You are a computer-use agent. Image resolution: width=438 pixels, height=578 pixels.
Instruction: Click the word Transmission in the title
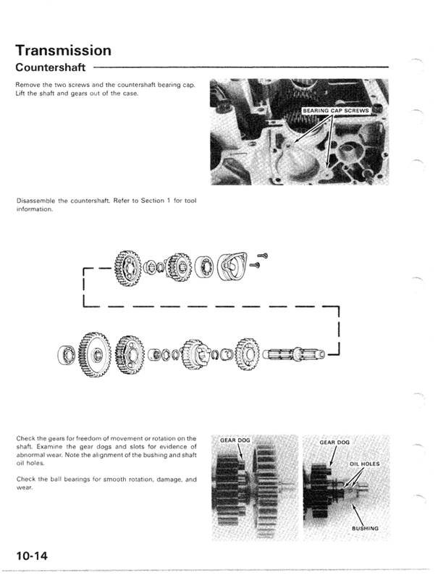point(63,50)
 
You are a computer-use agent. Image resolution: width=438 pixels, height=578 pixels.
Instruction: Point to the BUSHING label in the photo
point(365,529)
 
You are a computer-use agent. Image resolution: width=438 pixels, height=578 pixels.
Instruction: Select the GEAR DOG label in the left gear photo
point(235,440)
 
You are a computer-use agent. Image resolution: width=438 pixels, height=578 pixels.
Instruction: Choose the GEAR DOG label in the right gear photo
point(334,442)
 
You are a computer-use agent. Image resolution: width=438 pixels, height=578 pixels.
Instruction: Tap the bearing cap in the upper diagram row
point(233,265)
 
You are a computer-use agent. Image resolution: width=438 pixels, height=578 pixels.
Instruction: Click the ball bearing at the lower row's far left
point(70,355)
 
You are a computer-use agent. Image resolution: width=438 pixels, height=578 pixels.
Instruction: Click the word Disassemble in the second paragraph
point(34,199)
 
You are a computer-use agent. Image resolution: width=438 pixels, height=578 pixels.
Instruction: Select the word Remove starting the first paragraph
point(27,85)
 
